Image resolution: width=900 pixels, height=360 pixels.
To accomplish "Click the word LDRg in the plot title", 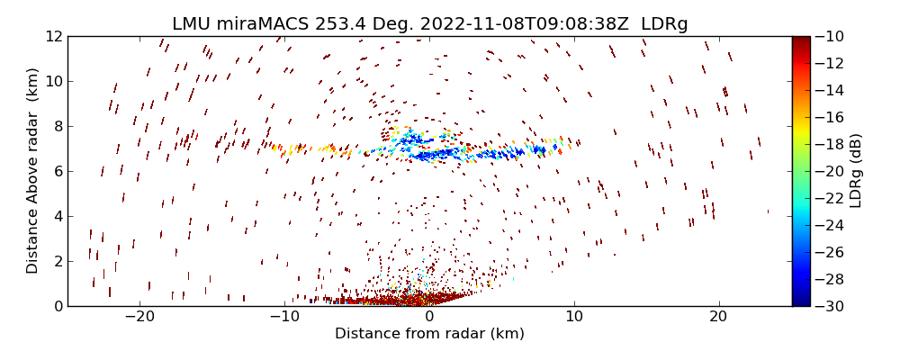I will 664,24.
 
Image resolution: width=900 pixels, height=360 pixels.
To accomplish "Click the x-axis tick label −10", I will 284,317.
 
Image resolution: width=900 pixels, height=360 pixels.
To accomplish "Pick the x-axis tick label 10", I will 574,317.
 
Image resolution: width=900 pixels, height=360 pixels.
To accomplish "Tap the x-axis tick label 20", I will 718,317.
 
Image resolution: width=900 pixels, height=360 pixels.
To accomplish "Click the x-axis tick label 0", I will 429,317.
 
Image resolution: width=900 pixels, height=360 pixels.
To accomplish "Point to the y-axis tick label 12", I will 54,37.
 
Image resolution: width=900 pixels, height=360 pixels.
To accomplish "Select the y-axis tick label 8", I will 58,127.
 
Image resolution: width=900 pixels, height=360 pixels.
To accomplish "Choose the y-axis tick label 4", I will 58,217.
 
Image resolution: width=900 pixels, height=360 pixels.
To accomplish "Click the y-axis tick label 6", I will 58,172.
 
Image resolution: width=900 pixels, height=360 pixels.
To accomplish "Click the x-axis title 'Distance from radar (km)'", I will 429,334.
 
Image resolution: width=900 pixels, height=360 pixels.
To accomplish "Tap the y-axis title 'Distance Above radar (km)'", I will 32,171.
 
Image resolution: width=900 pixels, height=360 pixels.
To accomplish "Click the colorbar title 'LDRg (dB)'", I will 856,171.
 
